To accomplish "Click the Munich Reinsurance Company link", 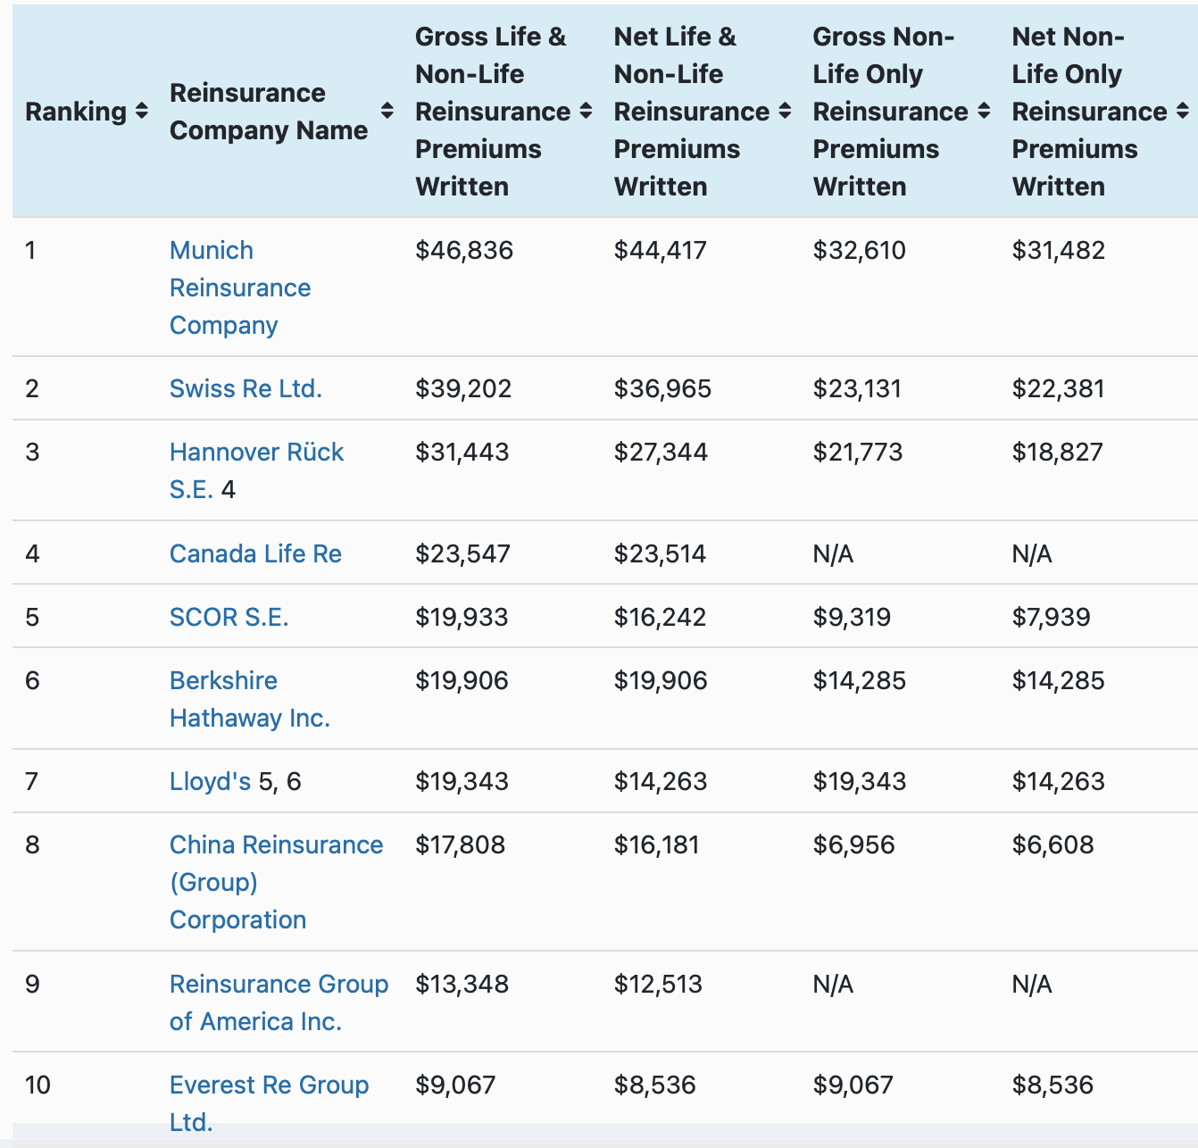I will [x=239, y=287].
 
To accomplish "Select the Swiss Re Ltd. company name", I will [x=245, y=388].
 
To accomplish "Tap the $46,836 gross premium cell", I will [x=464, y=250].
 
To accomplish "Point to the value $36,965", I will [x=662, y=388].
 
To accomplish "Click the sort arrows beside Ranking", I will [x=141, y=112].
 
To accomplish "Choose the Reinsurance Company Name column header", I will [x=268, y=112].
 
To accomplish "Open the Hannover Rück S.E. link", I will [x=256, y=453].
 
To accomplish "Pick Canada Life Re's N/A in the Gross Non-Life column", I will [x=833, y=554].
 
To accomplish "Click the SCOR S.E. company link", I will [x=229, y=617].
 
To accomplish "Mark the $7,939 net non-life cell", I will [x=1051, y=617].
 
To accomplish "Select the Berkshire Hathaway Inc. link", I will [x=249, y=699].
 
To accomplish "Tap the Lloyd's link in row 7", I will [x=210, y=781].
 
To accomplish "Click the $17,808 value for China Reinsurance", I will [x=460, y=844].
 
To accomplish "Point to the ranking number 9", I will [x=32, y=984].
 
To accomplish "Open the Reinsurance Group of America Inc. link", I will [x=278, y=1002].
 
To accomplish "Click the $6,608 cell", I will [x=1052, y=844].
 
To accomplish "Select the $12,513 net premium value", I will [x=658, y=984].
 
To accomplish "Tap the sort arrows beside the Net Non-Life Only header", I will [x=1182, y=112].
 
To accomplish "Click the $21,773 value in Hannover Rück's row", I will [x=857, y=452].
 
